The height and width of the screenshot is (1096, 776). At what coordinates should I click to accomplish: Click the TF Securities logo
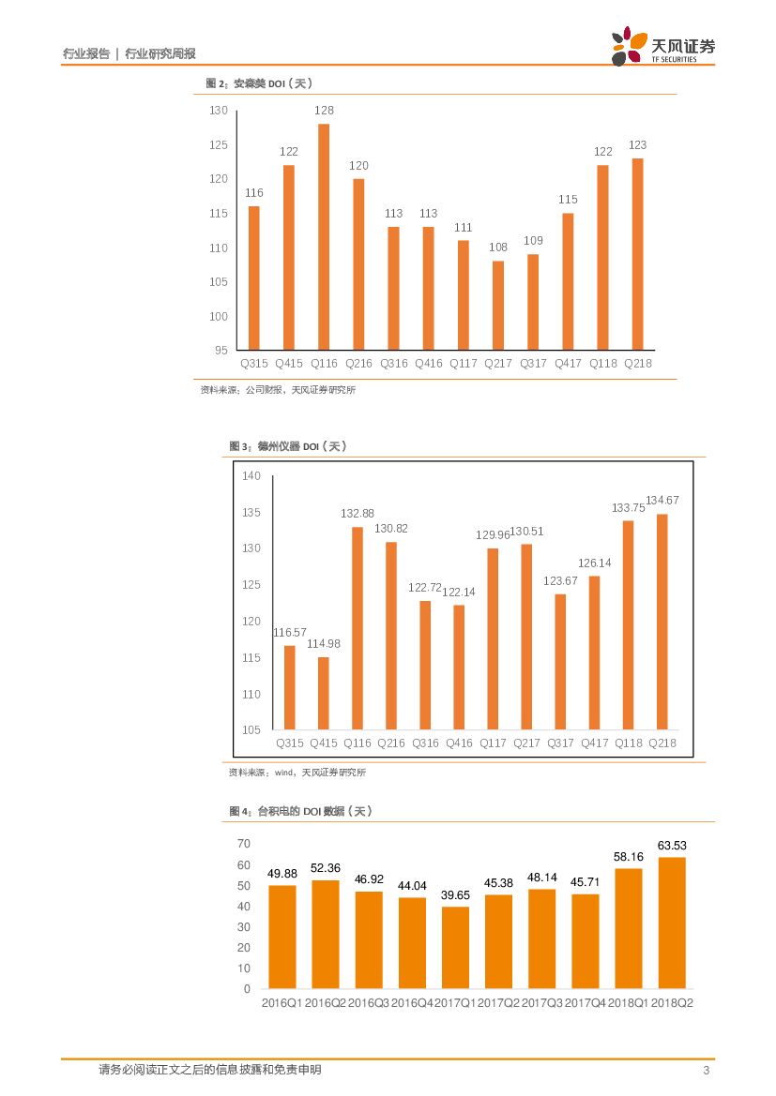pyautogui.click(x=662, y=46)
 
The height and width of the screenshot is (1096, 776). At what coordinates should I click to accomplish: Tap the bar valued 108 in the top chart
pyautogui.click(x=498, y=306)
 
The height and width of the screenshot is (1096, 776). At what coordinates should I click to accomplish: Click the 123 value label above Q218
pyautogui.click(x=638, y=145)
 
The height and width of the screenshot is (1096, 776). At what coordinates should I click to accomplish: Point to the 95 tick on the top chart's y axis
pyautogui.click(x=221, y=351)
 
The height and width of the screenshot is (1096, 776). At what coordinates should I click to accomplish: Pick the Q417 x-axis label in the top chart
pyautogui.click(x=568, y=364)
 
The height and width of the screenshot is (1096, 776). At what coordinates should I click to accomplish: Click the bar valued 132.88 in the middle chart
pyautogui.click(x=358, y=628)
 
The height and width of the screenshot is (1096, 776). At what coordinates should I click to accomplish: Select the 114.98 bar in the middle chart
pyautogui.click(x=324, y=693)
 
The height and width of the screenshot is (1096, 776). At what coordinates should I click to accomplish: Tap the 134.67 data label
pyautogui.click(x=662, y=501)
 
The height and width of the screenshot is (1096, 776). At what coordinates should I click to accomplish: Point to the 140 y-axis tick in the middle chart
pyautogui.click(x=251, y=476)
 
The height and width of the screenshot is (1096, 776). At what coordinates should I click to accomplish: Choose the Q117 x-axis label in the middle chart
pyautogui.click(x=493, y=743)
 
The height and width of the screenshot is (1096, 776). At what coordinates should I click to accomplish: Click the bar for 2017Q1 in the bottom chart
pyautogui.click(x=456, y=947)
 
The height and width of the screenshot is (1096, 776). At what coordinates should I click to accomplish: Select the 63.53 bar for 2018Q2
pyautogui.click(x=672, y=923)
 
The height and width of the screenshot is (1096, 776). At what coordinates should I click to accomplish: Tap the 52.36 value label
pyautogui.click(x=325, y=868)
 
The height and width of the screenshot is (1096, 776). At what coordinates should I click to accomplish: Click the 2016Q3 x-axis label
pyautogui.click(x=369, y=1003)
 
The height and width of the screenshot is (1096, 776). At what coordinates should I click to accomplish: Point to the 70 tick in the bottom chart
pyautogui.click(x=244, y=845)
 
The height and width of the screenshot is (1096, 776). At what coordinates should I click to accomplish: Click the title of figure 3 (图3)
pyautogui.click(x=288, y=446)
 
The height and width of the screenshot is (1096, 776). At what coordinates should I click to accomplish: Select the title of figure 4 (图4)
pyautogui.click(x=300, y=811)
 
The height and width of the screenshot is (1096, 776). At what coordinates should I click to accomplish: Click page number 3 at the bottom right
pyautogui.click(x=706, y=1071)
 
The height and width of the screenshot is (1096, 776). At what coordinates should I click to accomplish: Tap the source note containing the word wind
pyautogui.click(x=297, y=773)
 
